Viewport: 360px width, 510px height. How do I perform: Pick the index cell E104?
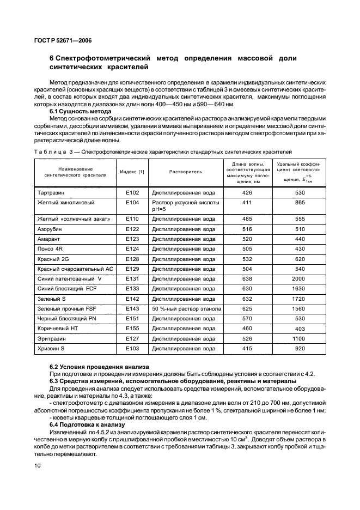[x=132, y=202]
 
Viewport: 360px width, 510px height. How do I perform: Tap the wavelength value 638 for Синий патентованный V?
[x=247, y=278]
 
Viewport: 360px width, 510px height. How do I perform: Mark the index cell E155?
[x=132, y=328]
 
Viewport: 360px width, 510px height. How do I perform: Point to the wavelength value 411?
[x=247, y=202]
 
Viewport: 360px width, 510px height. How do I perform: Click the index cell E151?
[x=132, y=318]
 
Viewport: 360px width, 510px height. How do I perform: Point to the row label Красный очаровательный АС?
[x=75, y=269]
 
